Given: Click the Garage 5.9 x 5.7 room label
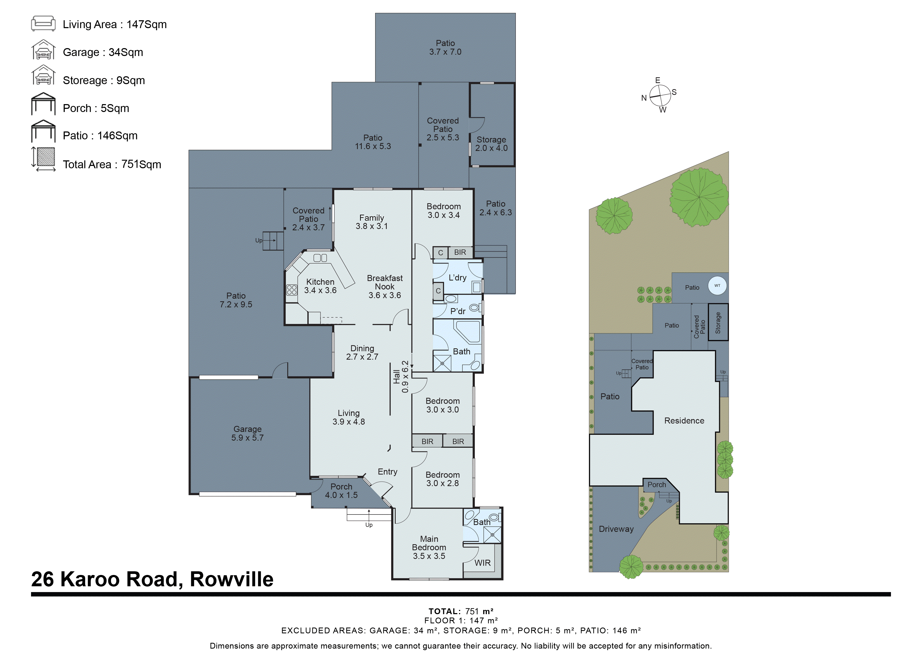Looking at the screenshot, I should [x=247, y=433].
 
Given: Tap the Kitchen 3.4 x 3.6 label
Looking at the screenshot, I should [x=320, y=286].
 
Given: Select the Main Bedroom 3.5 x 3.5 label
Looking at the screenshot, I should [x=429, y=547].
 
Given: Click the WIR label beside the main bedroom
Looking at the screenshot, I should [x=482, y=563].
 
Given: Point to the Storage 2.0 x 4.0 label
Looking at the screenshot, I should [x=491, y=144].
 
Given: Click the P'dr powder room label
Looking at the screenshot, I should [x=458, y=311].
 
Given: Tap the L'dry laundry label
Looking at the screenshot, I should [x=457, y=277].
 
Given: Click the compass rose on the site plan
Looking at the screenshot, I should [x=660, y=95].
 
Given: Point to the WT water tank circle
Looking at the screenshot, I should [x=717, y=286].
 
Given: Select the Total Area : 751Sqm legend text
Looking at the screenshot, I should [x=112, y=164].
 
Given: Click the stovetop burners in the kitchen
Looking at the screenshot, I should [x=292, y=290].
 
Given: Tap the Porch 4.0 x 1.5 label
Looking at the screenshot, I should [x=341, y=491].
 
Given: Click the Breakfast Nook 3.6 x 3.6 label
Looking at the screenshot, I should [x=384, y=287].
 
